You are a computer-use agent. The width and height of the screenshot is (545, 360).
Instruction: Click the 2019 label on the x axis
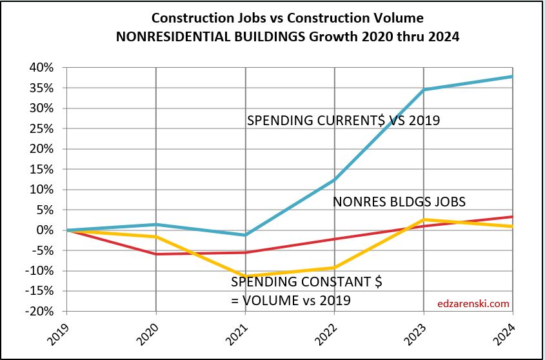(57, 333)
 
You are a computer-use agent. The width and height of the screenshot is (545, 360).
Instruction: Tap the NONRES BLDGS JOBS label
(399, 202)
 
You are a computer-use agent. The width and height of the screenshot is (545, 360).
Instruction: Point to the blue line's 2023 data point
(423, 90)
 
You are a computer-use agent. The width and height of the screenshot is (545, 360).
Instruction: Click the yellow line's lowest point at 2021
(245, 276)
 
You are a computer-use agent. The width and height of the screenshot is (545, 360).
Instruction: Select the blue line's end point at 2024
(512, 77)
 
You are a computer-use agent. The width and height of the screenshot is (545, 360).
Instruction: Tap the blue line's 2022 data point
(334, 180)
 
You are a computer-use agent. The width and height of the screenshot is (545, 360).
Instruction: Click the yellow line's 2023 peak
(423, 220)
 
